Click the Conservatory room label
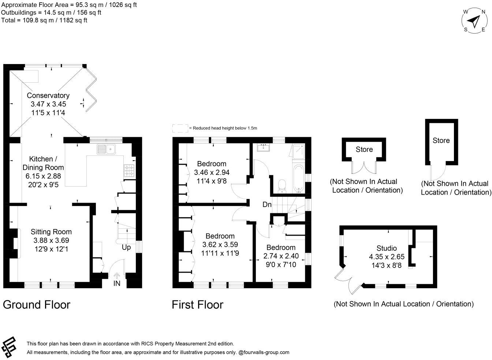coord(48,95)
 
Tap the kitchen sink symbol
coord(106,149)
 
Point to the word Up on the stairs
coord(126,248)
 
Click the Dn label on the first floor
coord(267,205)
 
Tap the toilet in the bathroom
coord(282,185)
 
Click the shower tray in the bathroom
coord(298,151)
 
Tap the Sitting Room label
coord(51,232)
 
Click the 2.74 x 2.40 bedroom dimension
coord(281,256)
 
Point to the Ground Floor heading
coord(37,304)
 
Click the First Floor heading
coord(197,304)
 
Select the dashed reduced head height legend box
coord(180,128)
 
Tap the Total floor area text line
coord(44,20)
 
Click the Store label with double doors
coord(364,149)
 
